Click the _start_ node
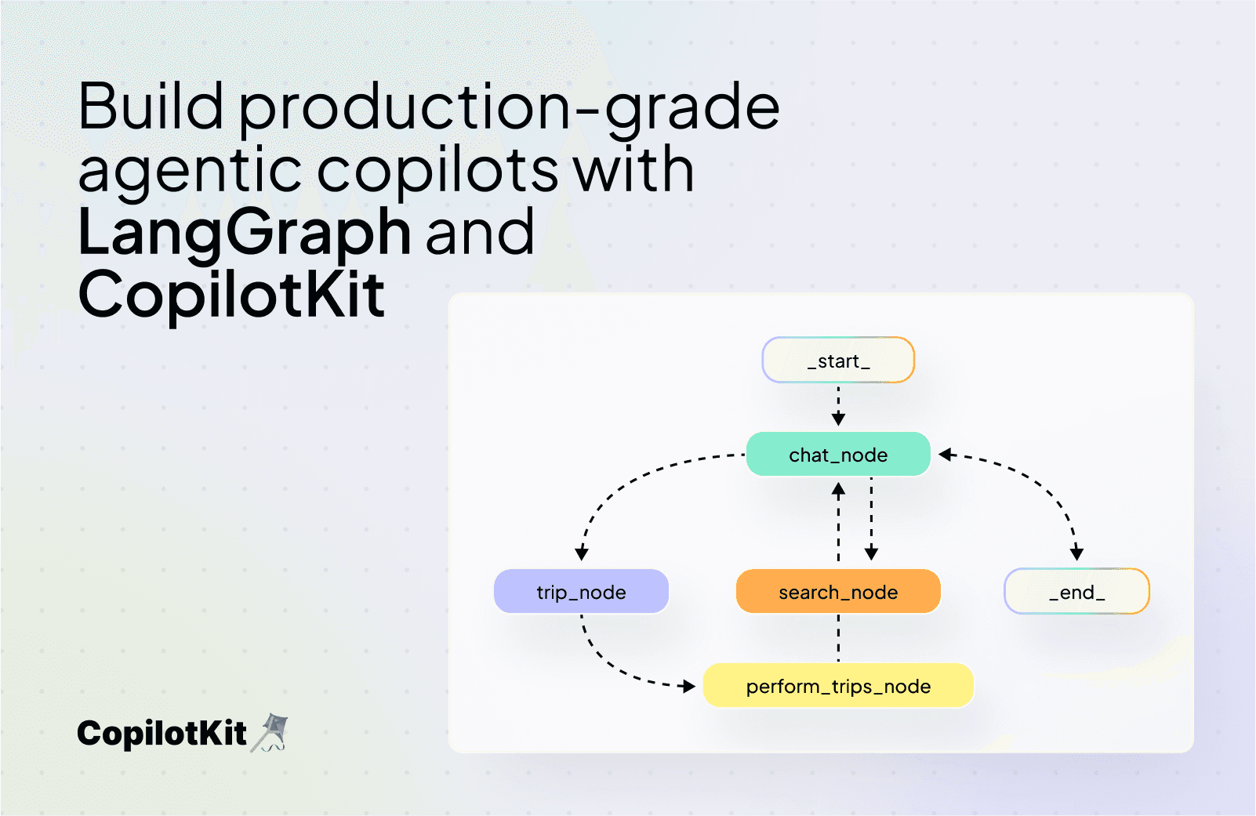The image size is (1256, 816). (838, 361)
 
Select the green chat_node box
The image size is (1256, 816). (838, 455)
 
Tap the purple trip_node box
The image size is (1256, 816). (581, 592)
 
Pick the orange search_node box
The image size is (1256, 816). (838, 592)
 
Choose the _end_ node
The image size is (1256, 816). (1076, 592)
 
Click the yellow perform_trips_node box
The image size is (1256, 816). (838, 686)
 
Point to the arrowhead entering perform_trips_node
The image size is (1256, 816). (689, 687)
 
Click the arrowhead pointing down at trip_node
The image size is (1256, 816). (582, 553)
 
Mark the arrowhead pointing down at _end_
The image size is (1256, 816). (1076, 553)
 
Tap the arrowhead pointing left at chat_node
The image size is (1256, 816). (946, 455)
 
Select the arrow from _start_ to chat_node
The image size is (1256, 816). (838, 404)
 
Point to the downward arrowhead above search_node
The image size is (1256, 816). (871, 553)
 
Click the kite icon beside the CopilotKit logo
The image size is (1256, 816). (270, 733)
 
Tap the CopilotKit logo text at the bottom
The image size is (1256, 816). (162, 734)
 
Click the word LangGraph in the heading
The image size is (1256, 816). (245, 233)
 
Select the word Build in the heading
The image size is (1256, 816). (151, 107)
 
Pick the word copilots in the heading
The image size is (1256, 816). (437, 170)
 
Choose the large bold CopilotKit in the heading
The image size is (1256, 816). (232, 296)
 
